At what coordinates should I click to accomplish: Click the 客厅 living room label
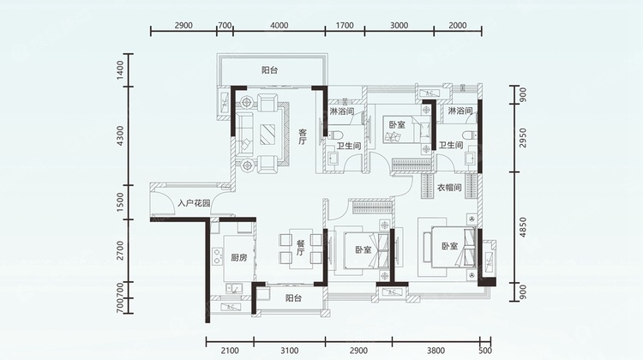coord(303,137)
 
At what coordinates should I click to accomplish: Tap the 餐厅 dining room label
coord(301,247)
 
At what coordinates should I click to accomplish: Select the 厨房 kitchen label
coord(238,258)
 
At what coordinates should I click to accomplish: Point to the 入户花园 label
coord(194,203)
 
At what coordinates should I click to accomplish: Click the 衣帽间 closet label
coord(449,188)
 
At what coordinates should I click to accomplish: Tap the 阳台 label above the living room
coord(270,70)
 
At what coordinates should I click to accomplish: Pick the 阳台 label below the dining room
coord(293,298)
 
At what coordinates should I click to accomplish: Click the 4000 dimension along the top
coord(279,26)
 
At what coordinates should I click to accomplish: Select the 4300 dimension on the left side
coord(120,135)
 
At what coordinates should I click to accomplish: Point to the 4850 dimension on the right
coord(522,227)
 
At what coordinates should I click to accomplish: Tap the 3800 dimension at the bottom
coord(436,351)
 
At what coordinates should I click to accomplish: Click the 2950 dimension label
coord(522,138)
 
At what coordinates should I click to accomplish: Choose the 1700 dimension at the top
coord(345,26)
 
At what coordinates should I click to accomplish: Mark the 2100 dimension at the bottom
coord(230,351)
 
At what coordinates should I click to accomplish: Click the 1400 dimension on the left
coord(120,70)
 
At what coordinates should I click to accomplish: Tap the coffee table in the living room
coord(267,134)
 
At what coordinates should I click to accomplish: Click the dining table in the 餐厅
coord(301,249)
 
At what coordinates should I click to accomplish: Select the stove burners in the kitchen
coord(217,255)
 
